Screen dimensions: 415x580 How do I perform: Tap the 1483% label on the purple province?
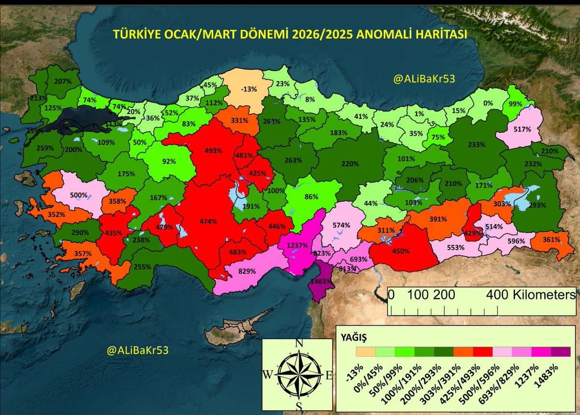point(321,281)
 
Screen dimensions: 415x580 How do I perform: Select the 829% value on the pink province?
point(247,271)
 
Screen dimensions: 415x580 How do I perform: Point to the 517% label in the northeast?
point(522,129)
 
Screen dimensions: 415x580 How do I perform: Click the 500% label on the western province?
point(79,196)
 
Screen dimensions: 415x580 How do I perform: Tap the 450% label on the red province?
point(401,251)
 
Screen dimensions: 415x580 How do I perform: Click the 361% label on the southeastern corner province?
point(551,239)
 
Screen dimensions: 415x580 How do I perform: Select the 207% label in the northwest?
point(63,82)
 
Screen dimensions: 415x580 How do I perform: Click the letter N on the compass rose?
point(299,343)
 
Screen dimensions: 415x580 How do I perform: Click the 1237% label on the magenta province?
point(298,245)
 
